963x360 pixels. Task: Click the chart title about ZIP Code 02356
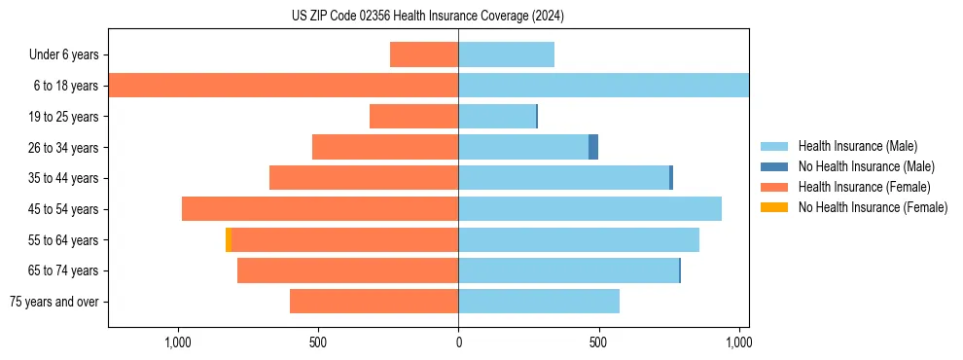[x=428, y=16]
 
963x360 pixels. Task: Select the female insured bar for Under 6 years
[x=424, y=54]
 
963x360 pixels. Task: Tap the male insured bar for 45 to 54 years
[x=589, y=209]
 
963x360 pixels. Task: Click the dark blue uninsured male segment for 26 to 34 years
[x=593, y=147]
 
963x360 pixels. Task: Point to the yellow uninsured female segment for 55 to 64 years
[x=229, y=239]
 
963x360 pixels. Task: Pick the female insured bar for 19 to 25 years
[x=413, y=117]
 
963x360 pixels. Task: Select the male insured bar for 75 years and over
[x=539, y=302]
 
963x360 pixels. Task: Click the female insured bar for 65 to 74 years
[x=347, y=270]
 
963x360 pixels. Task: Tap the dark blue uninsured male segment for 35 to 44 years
[x=671, y=178]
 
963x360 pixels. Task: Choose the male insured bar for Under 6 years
[x=506, y=54]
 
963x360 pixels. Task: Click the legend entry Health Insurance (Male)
[x=857, y=147]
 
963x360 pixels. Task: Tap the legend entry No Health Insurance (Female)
[x=873, y=206]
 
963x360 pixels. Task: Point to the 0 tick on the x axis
[x=458, y=342]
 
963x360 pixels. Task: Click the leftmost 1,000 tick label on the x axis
[x=178, y=342]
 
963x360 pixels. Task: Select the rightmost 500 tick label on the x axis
[x=598, y=342]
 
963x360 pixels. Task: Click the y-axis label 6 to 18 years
[x=66, y=86]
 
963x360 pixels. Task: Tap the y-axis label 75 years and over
[x=54, y=302]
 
